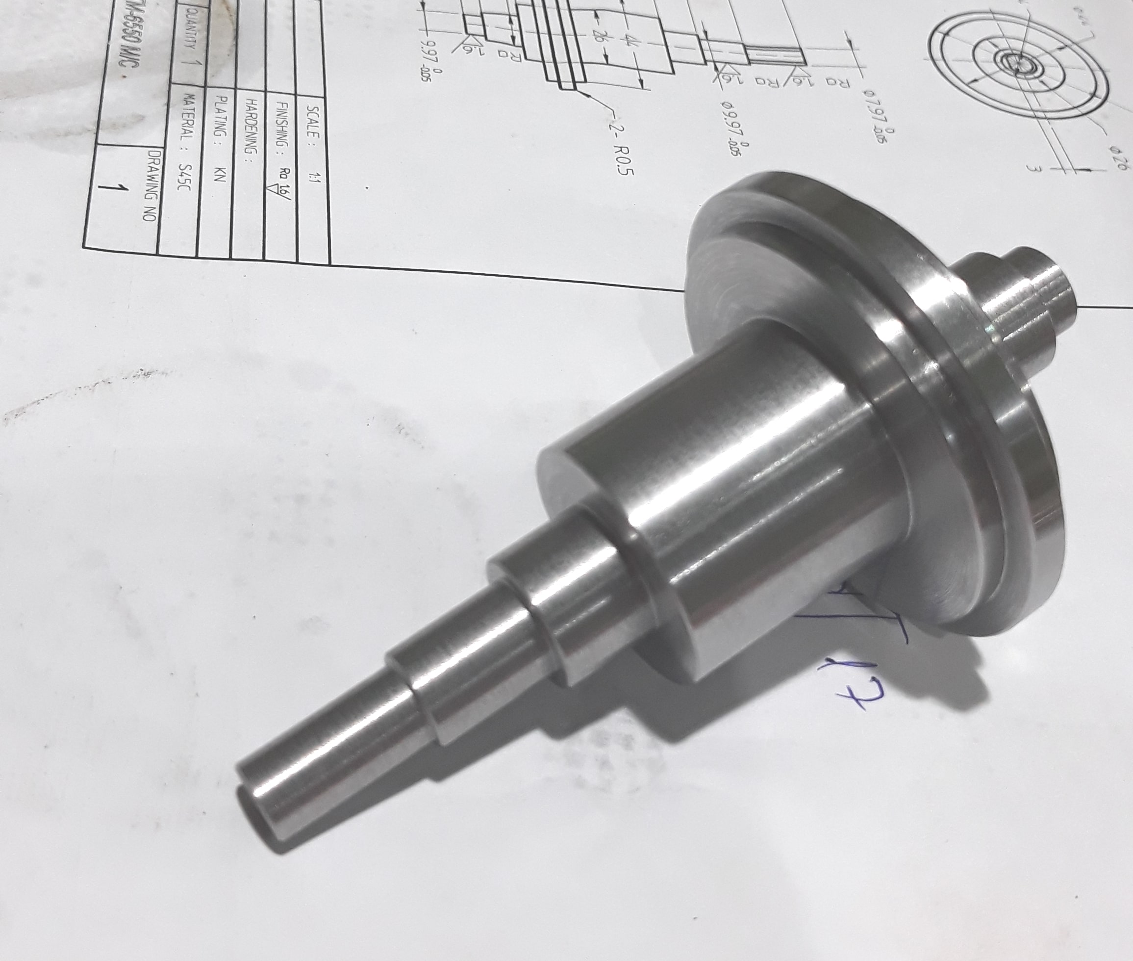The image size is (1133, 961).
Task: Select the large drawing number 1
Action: (121, 188)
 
